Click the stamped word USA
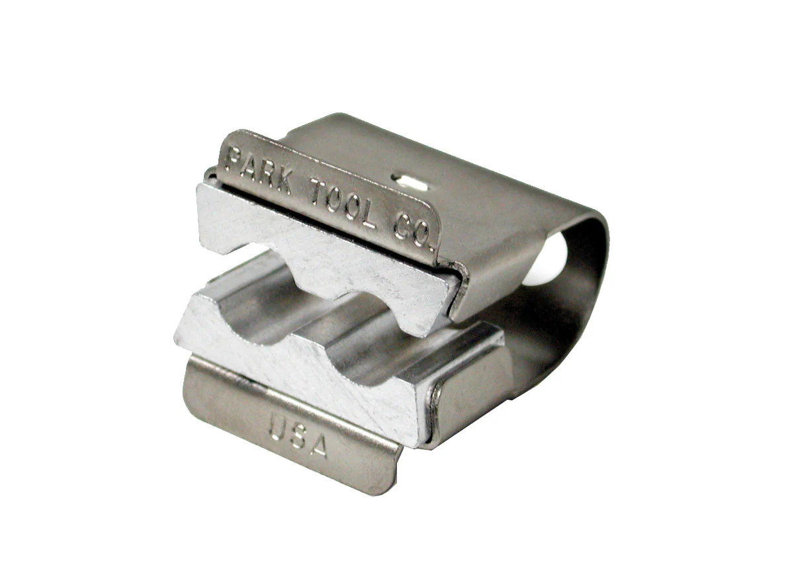(x=298, y=436)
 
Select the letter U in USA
(x=278, y=426)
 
